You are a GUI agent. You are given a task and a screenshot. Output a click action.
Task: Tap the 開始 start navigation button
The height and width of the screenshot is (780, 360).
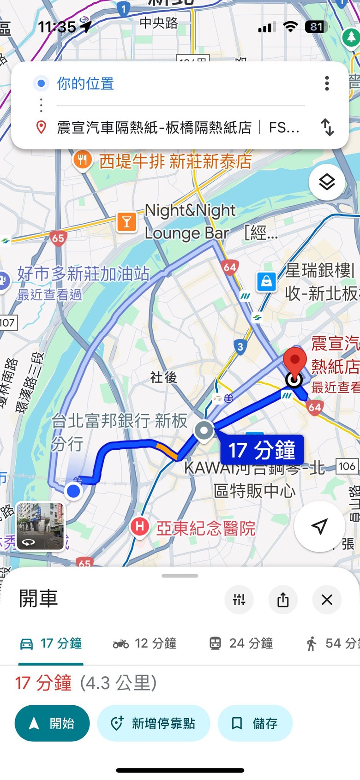pyautogui.click(x=52, y=723)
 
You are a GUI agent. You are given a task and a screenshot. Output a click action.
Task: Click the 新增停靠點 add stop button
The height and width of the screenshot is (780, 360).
pyautogui.click(x=154, y=723)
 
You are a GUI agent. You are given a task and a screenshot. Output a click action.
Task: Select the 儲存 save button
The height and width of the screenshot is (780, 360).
pyautogui.click(x=255, y=723)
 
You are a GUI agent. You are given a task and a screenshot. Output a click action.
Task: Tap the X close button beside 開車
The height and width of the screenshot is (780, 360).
pyautogui.click(x=327, y=600)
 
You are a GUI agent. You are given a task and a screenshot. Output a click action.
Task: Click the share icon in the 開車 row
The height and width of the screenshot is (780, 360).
pyautogui.click(x=283, y=600)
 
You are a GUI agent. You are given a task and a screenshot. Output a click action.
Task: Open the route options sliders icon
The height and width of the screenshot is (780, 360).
pyautogui.click(x=239, y=600)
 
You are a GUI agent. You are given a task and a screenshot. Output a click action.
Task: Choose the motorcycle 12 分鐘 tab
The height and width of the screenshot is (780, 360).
pyautogui.click(x=145, y=643)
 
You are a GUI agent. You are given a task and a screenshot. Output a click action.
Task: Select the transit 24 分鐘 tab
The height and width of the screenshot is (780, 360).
pyautogui.click(x=241, y=643)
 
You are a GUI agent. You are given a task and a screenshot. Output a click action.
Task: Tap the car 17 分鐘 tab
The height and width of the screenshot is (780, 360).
pyautogui.click(x=51, y=643)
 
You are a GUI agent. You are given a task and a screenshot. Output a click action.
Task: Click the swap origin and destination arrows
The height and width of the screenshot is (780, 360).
pyautogui.click(x=327, y=127)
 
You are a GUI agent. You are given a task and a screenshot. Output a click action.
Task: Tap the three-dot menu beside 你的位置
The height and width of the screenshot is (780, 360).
pyautogui.click(x=327, y=83)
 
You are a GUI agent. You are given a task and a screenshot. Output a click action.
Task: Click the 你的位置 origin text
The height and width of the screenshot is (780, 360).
pyautogui.click(x=85, y=83)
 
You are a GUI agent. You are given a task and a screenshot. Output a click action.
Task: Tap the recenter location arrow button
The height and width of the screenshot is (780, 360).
pyautogui.click(x=319, y=526)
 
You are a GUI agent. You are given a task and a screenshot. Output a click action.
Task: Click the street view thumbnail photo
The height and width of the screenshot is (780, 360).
pyautogui.click(x=41, y=526)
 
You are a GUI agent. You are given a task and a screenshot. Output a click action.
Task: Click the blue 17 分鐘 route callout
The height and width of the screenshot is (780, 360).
pyautogui.click(x=262, y=450)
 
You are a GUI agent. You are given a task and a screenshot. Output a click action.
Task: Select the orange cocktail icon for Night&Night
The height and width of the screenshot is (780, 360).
pyautogui.click(x=126, y=222)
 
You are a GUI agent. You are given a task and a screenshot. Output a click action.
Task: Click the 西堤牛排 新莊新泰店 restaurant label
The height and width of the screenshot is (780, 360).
pyautogui.click(x=175, y=161)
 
